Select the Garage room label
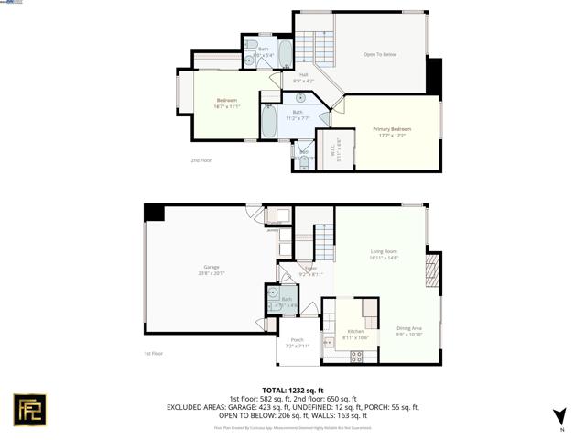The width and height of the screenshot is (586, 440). click(x=212, y=269)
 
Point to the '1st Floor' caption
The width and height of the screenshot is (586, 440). click(x=152, y=353)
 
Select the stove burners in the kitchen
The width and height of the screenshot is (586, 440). click(x=356, y=356)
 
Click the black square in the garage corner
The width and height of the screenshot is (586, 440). click(x=154, y=212)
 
